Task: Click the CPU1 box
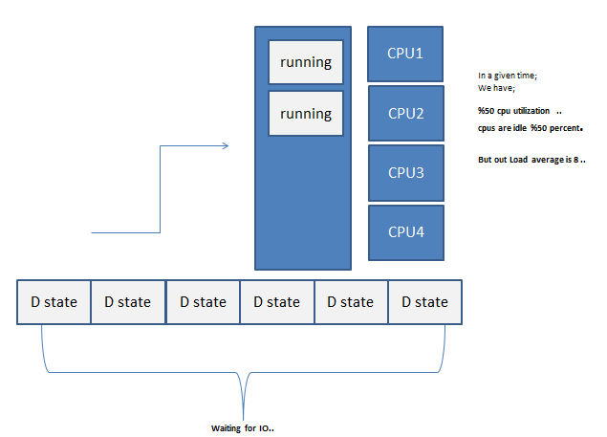pos(405,54)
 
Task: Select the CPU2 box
pos(405,113)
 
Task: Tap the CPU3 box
pos(405,172)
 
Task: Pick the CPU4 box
pos(405,231)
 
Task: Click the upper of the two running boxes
pos(305,62)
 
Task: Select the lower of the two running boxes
pos(305,114)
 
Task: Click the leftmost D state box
pos(54,302)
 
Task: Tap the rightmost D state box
pos(424,302)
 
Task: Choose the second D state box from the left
pos(127,302)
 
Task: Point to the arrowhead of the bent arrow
pos(226,146)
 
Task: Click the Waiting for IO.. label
pos(243,427)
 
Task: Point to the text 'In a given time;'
pos(508,76)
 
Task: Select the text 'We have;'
pos(496,87)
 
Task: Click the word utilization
pos(531,111)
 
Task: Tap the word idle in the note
pos(517,127)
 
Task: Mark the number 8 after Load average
pos(575,159)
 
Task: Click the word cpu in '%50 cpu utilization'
pos(503,111)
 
